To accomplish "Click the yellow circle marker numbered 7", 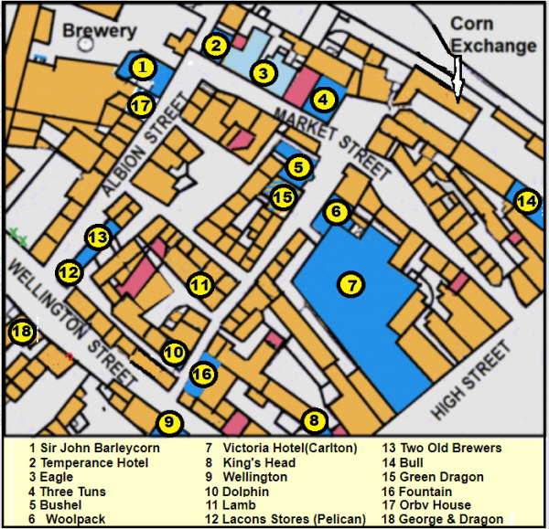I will click(350, 284).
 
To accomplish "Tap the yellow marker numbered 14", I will click(525, 202).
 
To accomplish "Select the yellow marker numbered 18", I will click(22, 332).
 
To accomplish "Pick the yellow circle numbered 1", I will click(142, 67).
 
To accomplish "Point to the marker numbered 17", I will click(140, 105).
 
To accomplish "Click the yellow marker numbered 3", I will click(263, 73).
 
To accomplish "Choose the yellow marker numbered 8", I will click(315, 421).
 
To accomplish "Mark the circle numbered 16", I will click(204, 374).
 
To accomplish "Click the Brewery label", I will click(99, 31).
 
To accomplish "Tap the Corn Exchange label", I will click(492, 34).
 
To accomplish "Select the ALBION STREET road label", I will click(135, 152).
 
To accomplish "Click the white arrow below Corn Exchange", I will click(457, 78).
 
